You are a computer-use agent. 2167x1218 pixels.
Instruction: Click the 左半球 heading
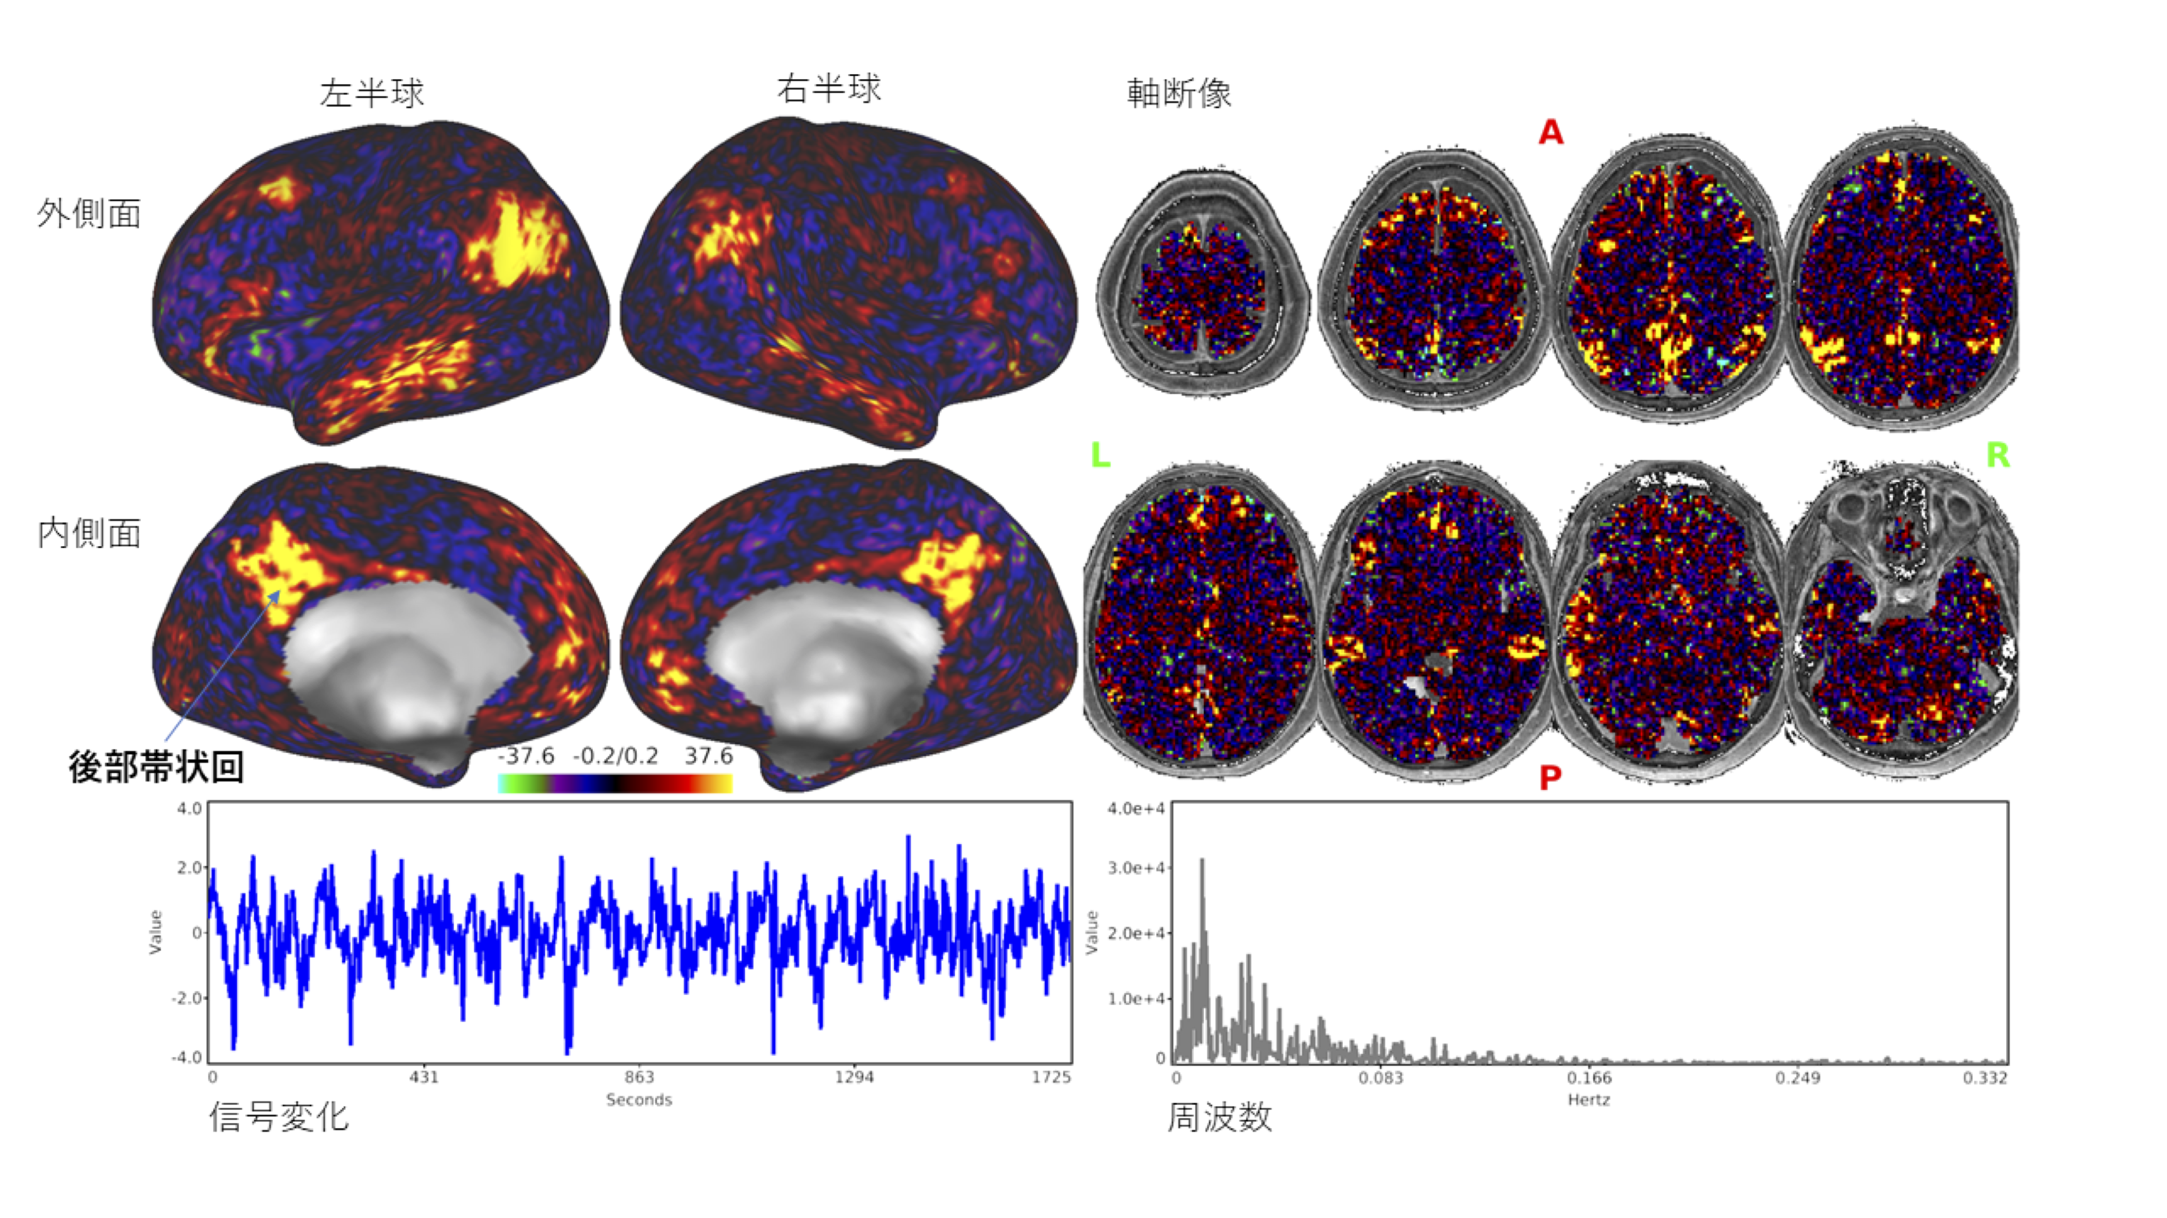pyautogui.click(x=371, y=93)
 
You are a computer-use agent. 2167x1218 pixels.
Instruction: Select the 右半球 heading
pyautogui.click(x=829, y=88)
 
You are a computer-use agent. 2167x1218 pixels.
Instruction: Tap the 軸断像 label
pyautogui.click(x=1179, y=93)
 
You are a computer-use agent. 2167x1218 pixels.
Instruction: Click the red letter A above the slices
pyautogui.click(x=1550, y=132)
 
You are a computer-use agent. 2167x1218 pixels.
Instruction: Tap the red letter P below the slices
pyautogui.click(x=1550, y=778)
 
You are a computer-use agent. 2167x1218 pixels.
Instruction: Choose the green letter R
pyautogui.click(x=1997, y=455)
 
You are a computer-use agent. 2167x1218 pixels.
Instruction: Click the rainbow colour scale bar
pyautogui.click(x=615, y=784)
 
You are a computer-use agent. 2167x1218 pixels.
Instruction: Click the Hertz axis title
pyautogui.click(x=1588, y=1099)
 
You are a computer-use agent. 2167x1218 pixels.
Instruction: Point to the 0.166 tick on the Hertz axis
pyautogui.click(x=1588, y=1077)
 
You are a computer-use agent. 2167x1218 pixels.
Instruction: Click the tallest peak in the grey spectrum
pyautogui.click(x=1202, y=860)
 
